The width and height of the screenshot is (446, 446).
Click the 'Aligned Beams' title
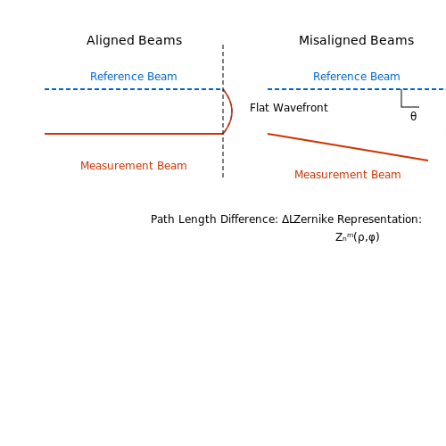click(134, 41)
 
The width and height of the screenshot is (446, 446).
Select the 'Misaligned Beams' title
click(356, 41)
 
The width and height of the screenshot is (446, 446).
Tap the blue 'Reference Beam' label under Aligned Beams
click(134, 77)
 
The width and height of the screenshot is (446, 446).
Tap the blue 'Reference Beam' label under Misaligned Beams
click(357, 77)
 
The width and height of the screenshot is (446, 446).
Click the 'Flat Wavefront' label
click(289, 108)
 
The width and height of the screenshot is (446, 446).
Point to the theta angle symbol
click(413, 116)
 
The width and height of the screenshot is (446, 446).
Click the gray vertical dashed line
click(223, 111)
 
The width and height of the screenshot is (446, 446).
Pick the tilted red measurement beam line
click(348, 147)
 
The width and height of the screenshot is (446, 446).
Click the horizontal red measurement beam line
click(134, 134)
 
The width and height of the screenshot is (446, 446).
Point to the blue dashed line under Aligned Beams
click(134, 89)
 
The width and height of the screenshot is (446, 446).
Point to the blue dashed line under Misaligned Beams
click(357, 89)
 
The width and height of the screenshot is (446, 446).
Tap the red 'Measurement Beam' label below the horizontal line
click(134, 166)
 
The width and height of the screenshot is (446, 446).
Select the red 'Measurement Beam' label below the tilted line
click(348, 175)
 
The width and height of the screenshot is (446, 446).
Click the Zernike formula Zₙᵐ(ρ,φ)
click(358, 237)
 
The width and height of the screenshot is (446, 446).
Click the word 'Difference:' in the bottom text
click(249, 219)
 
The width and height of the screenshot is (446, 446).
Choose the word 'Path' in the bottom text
click(162, 219)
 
